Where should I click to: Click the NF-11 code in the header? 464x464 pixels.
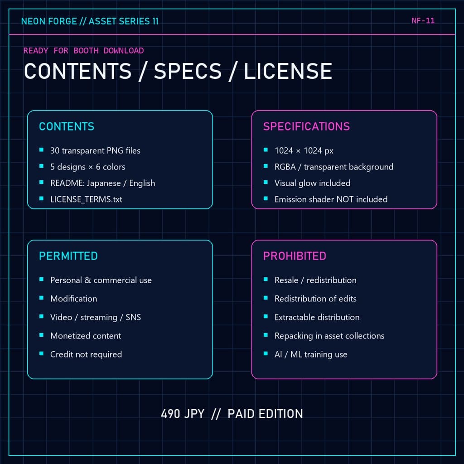[423, 21]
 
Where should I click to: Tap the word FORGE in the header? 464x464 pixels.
[62, 21]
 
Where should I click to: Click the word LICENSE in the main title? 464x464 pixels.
[288, 71]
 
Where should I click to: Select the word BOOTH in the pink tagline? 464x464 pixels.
[86, 51]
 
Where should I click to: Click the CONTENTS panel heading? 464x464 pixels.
[67, 127]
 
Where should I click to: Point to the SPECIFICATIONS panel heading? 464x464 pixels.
[307, 127]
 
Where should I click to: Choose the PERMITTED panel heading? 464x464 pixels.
[68, 256]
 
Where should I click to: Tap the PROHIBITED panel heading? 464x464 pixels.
[295, 256]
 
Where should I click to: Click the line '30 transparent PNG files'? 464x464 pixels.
[95, 150]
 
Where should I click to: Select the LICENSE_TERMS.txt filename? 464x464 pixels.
[86, 199]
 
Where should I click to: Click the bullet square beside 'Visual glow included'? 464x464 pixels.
[266, 182]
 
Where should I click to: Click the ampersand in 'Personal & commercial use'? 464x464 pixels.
[87, 280]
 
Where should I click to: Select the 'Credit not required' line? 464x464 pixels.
[86, 354]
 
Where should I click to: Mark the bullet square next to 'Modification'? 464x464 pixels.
[41, 298]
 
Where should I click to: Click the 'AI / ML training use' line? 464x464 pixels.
[311, 354]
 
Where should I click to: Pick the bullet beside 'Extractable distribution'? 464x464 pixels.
[266, 317]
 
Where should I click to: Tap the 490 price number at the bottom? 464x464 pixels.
[170, 414]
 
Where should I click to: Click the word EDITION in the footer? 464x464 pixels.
[281, 414]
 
